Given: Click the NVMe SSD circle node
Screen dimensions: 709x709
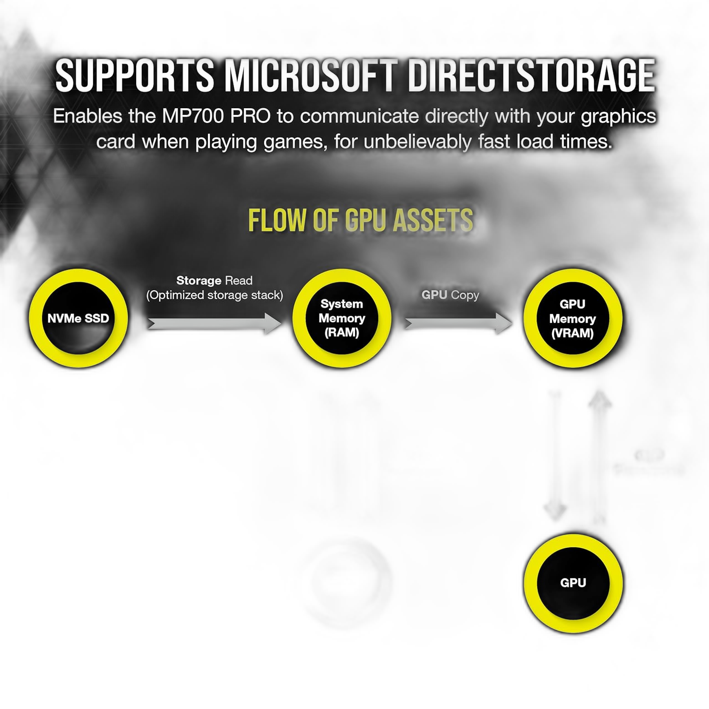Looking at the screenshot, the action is click(x=78, y=318).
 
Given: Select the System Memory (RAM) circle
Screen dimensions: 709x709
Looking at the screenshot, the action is click(x=342, y=318).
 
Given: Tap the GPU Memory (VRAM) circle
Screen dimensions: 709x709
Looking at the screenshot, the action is click(x=572, y=318).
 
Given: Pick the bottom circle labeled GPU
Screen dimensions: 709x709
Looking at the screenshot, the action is click(x=573, y=583).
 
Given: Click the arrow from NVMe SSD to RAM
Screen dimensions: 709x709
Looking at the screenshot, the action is click(x=215, y=323).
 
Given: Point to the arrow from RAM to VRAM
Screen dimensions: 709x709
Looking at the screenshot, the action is click(x=458, y=323).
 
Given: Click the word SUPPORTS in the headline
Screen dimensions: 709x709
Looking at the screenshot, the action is click(x=135, y=76).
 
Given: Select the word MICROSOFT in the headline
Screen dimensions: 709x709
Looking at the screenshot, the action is click(x=310, y=76).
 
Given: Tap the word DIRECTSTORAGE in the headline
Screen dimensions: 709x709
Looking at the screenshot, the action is click(x=531, y=76).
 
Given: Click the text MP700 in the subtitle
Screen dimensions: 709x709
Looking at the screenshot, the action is click(x=193, y=116).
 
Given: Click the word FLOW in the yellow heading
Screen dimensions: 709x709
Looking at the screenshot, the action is click(x=277, y=220).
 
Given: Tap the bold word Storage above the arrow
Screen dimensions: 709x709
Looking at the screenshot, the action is click(x=199, y=281).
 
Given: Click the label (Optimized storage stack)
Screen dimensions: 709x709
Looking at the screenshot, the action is click(x=215, y=295).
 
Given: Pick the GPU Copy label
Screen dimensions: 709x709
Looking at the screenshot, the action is click(x=450, y=295).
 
